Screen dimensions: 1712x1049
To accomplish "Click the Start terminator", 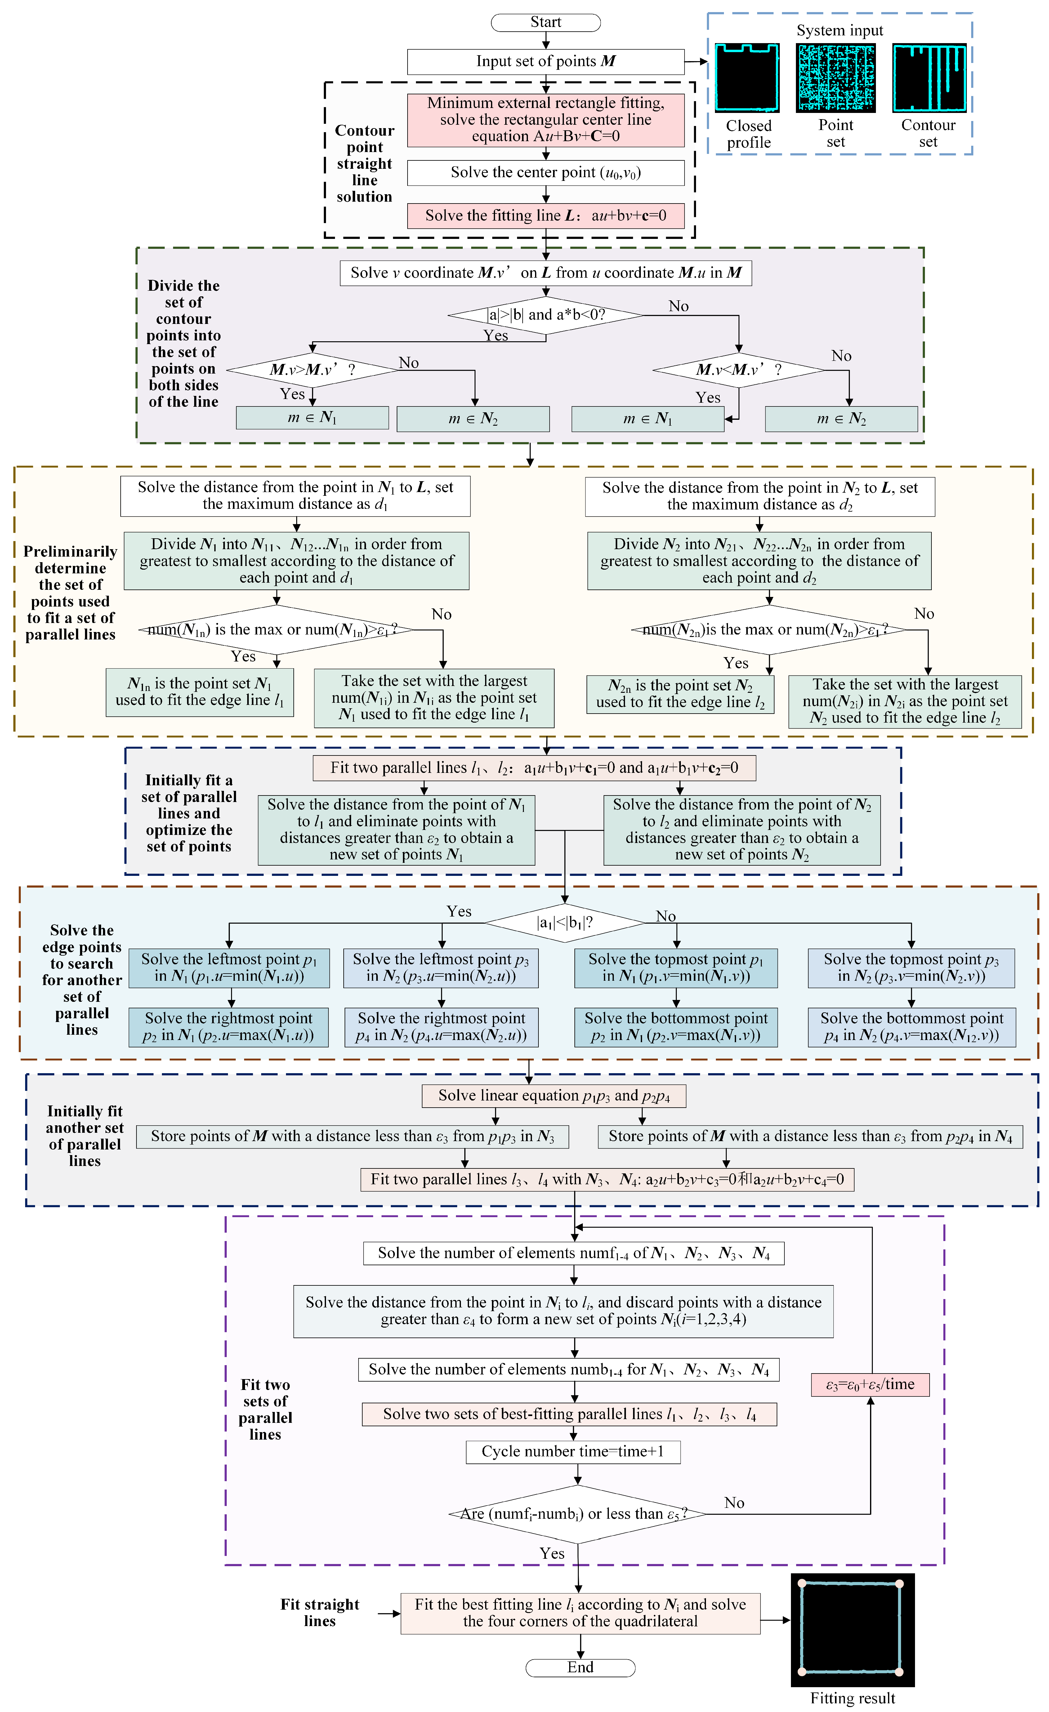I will pyautogui.click(x=545, y=22).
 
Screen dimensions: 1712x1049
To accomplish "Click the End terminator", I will pyautogui.click(x=580, y=1668).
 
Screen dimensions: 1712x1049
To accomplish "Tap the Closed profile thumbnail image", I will pyautogui.click(x=748, y=78).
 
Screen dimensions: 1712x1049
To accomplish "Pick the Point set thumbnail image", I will pyautogui.click(x=836, y=78).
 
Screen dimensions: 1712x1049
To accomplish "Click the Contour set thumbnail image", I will pyautogui.click(x=929, y=78).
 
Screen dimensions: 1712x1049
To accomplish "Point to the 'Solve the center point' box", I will pyautogui.click(x=545, y=172).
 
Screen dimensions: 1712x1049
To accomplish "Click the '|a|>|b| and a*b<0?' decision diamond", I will pyautogui.click(x=545, y=316).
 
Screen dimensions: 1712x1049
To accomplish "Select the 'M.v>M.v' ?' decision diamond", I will pyautogui.click(x=313, y=370).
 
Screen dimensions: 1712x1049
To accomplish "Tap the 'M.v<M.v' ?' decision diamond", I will pyautogui.click(x=739, y=370).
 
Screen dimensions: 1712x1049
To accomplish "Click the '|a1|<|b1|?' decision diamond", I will pyautogui.click(x=565, y=923).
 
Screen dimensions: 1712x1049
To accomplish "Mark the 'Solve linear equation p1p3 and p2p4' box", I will pyautogui.click(x=554, y=1096).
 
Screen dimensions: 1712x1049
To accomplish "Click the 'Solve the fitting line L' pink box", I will pyautogui.click(x=545, y=215).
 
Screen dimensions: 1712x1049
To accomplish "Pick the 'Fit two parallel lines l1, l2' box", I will pyautogui.click(x=534, y=768).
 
